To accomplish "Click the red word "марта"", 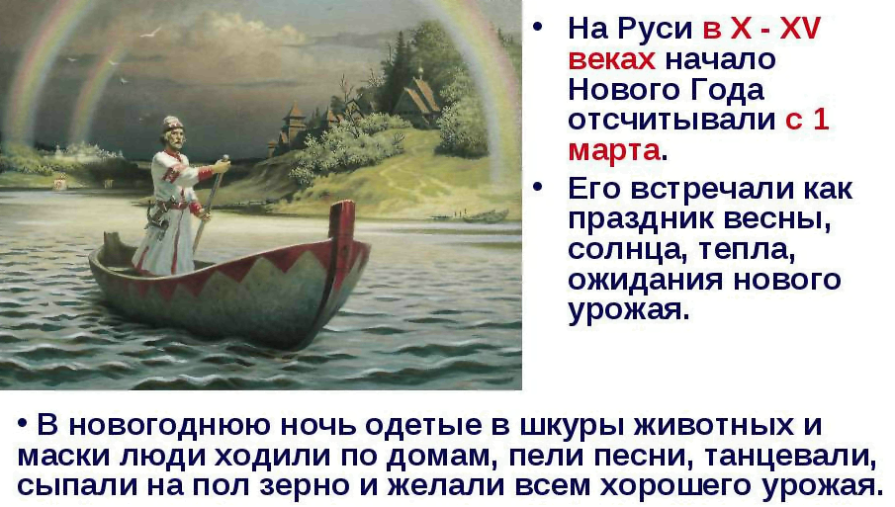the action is click(613, 151).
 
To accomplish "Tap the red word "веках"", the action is click(611, 60).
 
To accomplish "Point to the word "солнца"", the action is click(620, 250).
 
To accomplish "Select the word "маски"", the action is click(64, 457).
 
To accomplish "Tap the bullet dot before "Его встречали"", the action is click(538, 187).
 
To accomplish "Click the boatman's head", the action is click(172, 131).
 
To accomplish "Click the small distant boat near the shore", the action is click(486, 216).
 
